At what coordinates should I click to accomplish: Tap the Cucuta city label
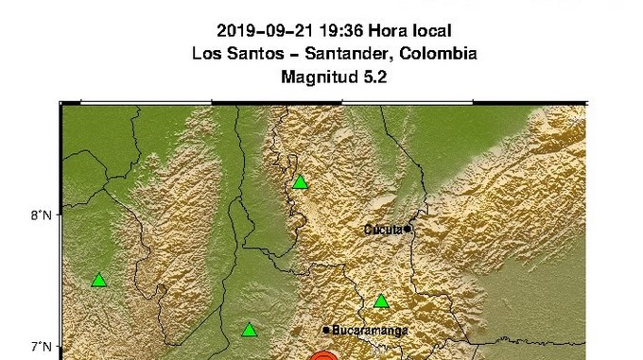point(382,229)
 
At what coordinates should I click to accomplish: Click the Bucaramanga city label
point(370,331)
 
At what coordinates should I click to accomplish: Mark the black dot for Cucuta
point(407,228)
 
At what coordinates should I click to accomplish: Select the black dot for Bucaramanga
point(326,330)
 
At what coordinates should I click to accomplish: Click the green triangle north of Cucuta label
point(300,181)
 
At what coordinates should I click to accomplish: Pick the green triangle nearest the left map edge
point(98,280)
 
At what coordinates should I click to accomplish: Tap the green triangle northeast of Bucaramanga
point(381,301)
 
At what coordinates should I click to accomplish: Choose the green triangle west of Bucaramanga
point(249,330)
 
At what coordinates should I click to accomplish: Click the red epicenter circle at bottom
point(323,356)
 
